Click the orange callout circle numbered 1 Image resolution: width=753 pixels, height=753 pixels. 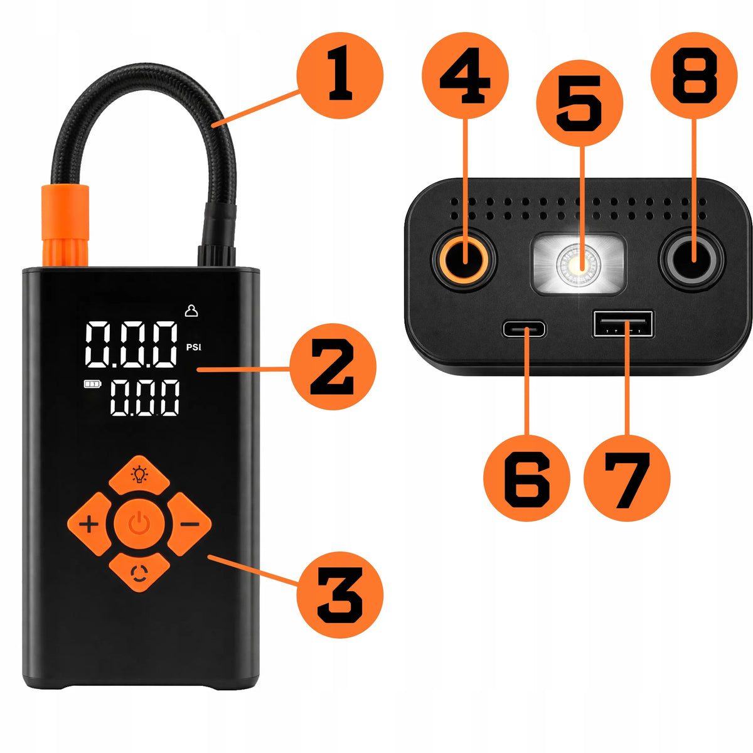339,75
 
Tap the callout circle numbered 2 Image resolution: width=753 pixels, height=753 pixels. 333,366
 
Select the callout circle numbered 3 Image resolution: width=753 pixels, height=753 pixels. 339,594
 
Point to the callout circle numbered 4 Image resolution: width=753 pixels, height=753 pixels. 465,75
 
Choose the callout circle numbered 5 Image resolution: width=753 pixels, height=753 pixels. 580,103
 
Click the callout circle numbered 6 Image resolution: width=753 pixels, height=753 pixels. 526,478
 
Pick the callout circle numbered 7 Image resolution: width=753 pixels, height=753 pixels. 627,478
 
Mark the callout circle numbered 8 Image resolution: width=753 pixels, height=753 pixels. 694,75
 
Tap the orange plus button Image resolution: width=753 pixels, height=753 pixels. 90,523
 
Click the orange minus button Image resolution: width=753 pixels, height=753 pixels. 189,523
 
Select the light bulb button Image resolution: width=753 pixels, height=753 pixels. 139,474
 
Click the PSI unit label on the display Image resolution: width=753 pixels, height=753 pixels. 194,347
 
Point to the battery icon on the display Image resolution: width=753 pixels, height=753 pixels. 92,384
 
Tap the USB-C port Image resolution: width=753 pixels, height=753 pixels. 525,329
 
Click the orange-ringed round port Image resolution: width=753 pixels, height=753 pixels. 464,259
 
